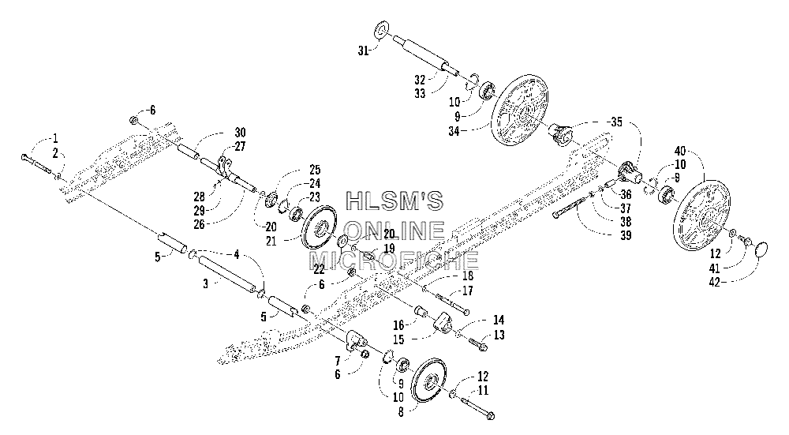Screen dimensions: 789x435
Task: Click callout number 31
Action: point(364,50)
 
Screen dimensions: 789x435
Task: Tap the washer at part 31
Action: point(381,30)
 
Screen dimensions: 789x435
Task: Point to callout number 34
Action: point(455,132)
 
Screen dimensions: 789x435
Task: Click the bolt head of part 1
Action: point(24,157)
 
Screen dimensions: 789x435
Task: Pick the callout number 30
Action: point(240,133)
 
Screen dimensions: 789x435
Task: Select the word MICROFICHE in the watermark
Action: point(393,261)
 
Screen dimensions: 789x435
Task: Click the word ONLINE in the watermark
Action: point(395,231)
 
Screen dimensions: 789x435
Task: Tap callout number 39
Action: point(626,235)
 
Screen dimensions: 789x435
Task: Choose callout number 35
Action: point(616,122)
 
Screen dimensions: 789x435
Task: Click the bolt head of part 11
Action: point(491,416)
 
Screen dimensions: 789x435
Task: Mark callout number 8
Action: point(401,411)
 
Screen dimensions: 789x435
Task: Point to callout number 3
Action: point(205,284)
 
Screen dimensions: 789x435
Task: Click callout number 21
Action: point(271,241)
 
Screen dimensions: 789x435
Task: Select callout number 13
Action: point(499,335)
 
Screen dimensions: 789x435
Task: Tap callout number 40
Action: point(680,150)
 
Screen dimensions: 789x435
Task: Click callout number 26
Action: point(200,224)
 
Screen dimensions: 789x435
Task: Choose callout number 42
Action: point(715,282)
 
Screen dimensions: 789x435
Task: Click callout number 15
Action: point(398,339)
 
